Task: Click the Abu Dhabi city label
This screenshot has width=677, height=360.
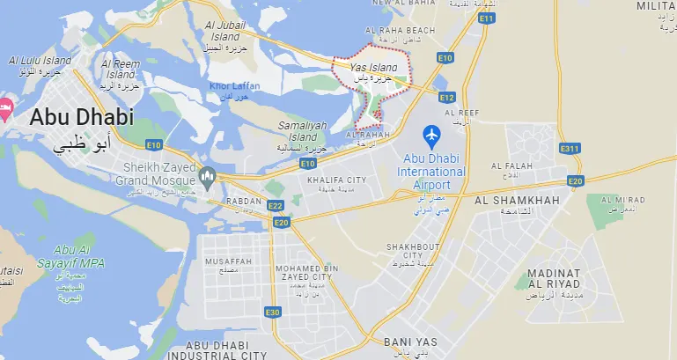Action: (x=83, y=117)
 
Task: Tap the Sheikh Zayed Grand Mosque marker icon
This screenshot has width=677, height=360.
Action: (x=208, y=178)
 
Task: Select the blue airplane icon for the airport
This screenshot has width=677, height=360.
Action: (x=431, y=136)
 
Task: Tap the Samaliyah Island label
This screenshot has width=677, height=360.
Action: (x=303, y=132)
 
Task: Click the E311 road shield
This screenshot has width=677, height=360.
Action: (x=570, y=149)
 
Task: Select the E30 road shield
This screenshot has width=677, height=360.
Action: (x=273, y=312)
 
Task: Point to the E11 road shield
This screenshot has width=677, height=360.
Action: (x=485, y=18)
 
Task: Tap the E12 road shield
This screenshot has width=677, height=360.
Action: (x=446, y=97)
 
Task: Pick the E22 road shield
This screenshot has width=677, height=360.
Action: (x=276, y=206)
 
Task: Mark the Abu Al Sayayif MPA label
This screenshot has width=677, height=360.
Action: (x=61, y=256)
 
